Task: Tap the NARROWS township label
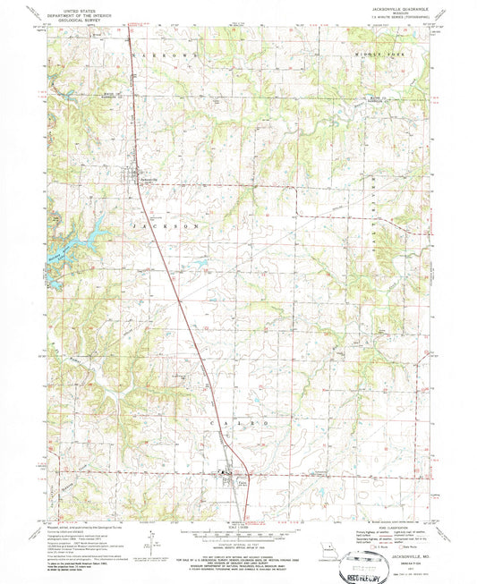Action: (162, 57)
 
